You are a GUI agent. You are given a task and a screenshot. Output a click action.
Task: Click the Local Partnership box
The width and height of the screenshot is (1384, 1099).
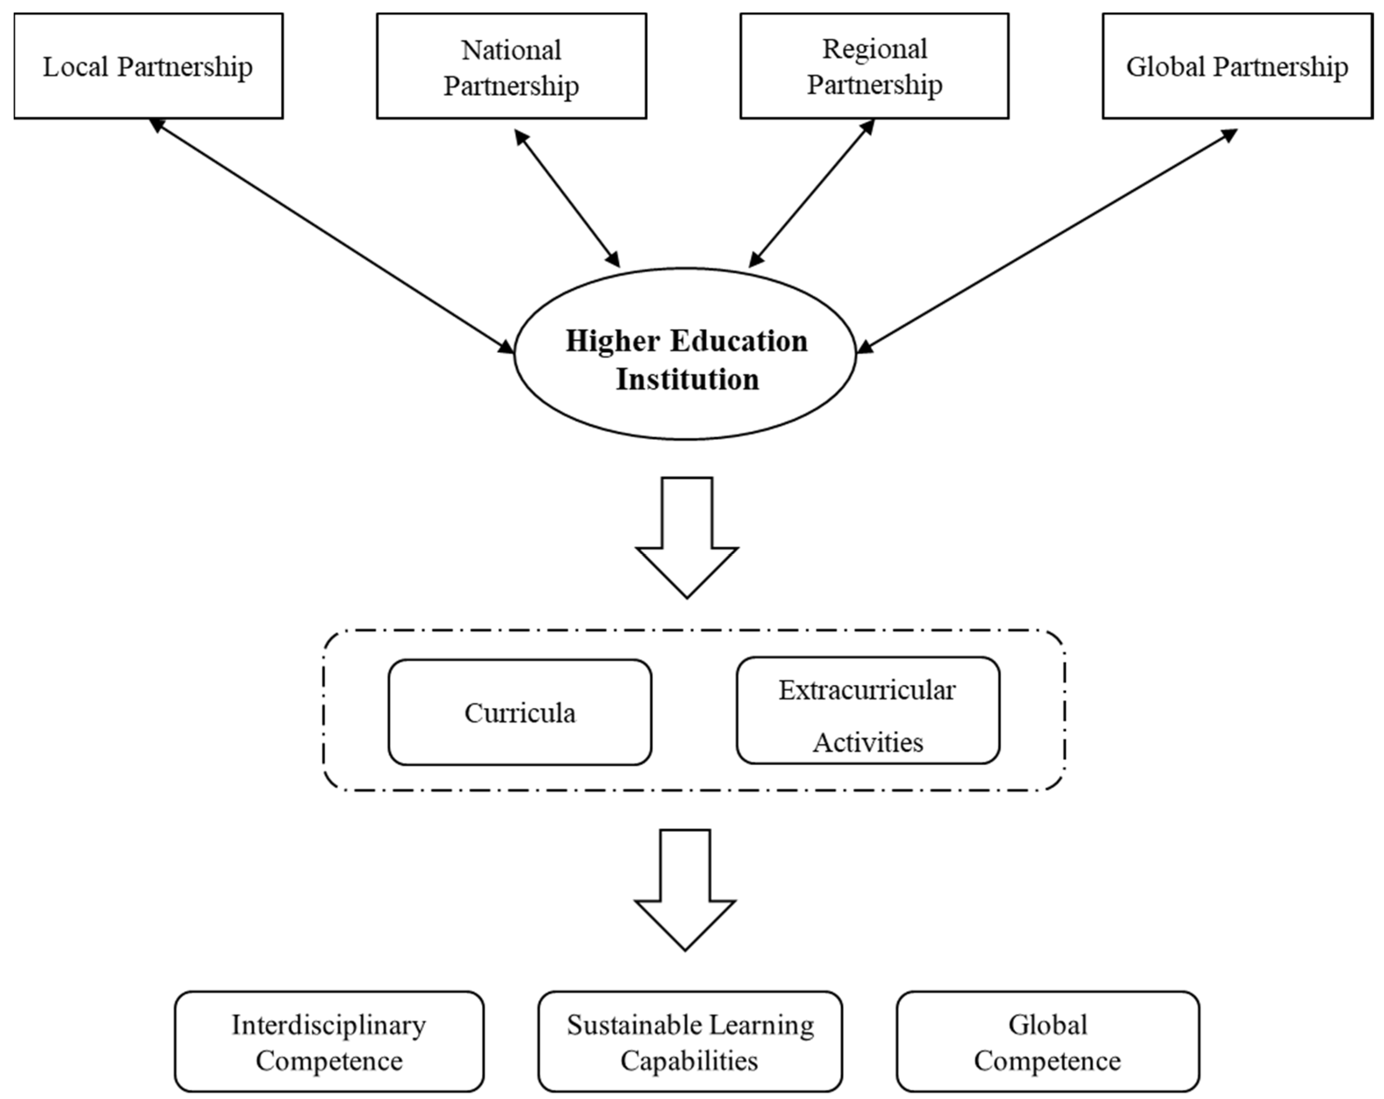(148, 66)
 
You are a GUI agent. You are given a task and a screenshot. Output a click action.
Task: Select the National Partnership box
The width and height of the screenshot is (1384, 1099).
(511, 66)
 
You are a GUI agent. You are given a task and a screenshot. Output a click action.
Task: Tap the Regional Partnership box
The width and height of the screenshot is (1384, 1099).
(874, 66)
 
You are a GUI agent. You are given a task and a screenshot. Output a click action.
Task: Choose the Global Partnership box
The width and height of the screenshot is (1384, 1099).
(1237, 66)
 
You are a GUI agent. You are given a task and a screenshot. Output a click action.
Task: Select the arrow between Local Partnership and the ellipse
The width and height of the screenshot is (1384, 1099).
(332, 236)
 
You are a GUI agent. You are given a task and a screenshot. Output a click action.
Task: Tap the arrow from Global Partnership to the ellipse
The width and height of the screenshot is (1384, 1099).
(1046, 241)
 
